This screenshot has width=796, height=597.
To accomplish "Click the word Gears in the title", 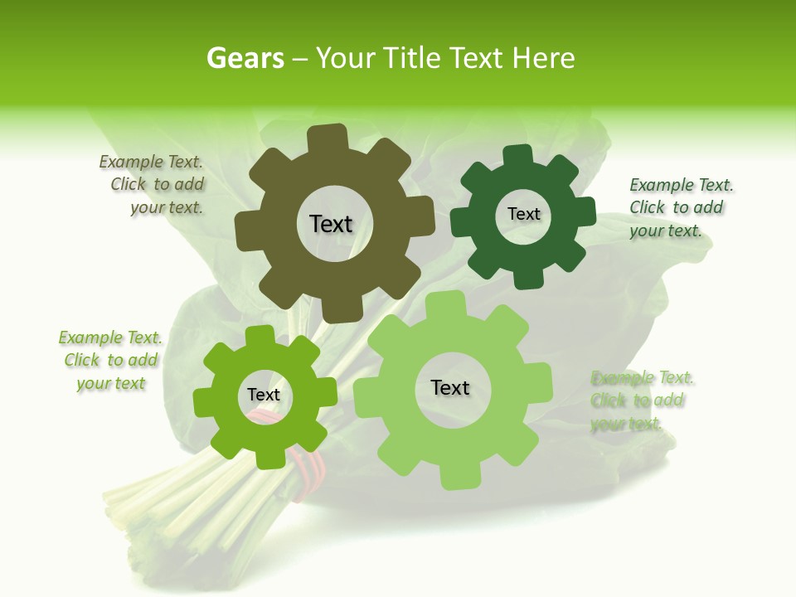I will pos(245,58).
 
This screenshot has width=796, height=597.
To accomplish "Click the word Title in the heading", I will pos(410,58).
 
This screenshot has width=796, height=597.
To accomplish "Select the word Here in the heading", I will pos(543,58).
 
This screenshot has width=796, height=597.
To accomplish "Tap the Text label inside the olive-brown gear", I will pos(331,224).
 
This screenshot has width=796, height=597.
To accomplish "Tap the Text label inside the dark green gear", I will pos(523,214).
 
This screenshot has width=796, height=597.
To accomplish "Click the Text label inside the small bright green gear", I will pos(264,395).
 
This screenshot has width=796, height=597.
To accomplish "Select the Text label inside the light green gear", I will pos(450,387).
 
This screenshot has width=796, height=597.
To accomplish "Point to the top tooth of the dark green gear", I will pos(518,155).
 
